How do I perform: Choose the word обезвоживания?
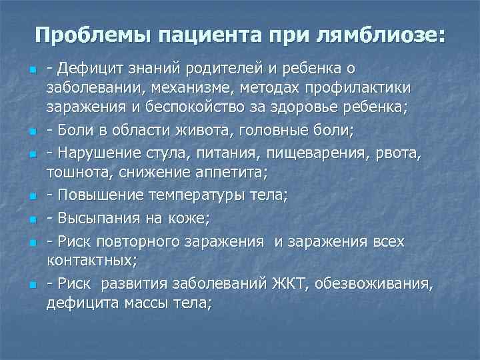373,284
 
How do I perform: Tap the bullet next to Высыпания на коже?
31,219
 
